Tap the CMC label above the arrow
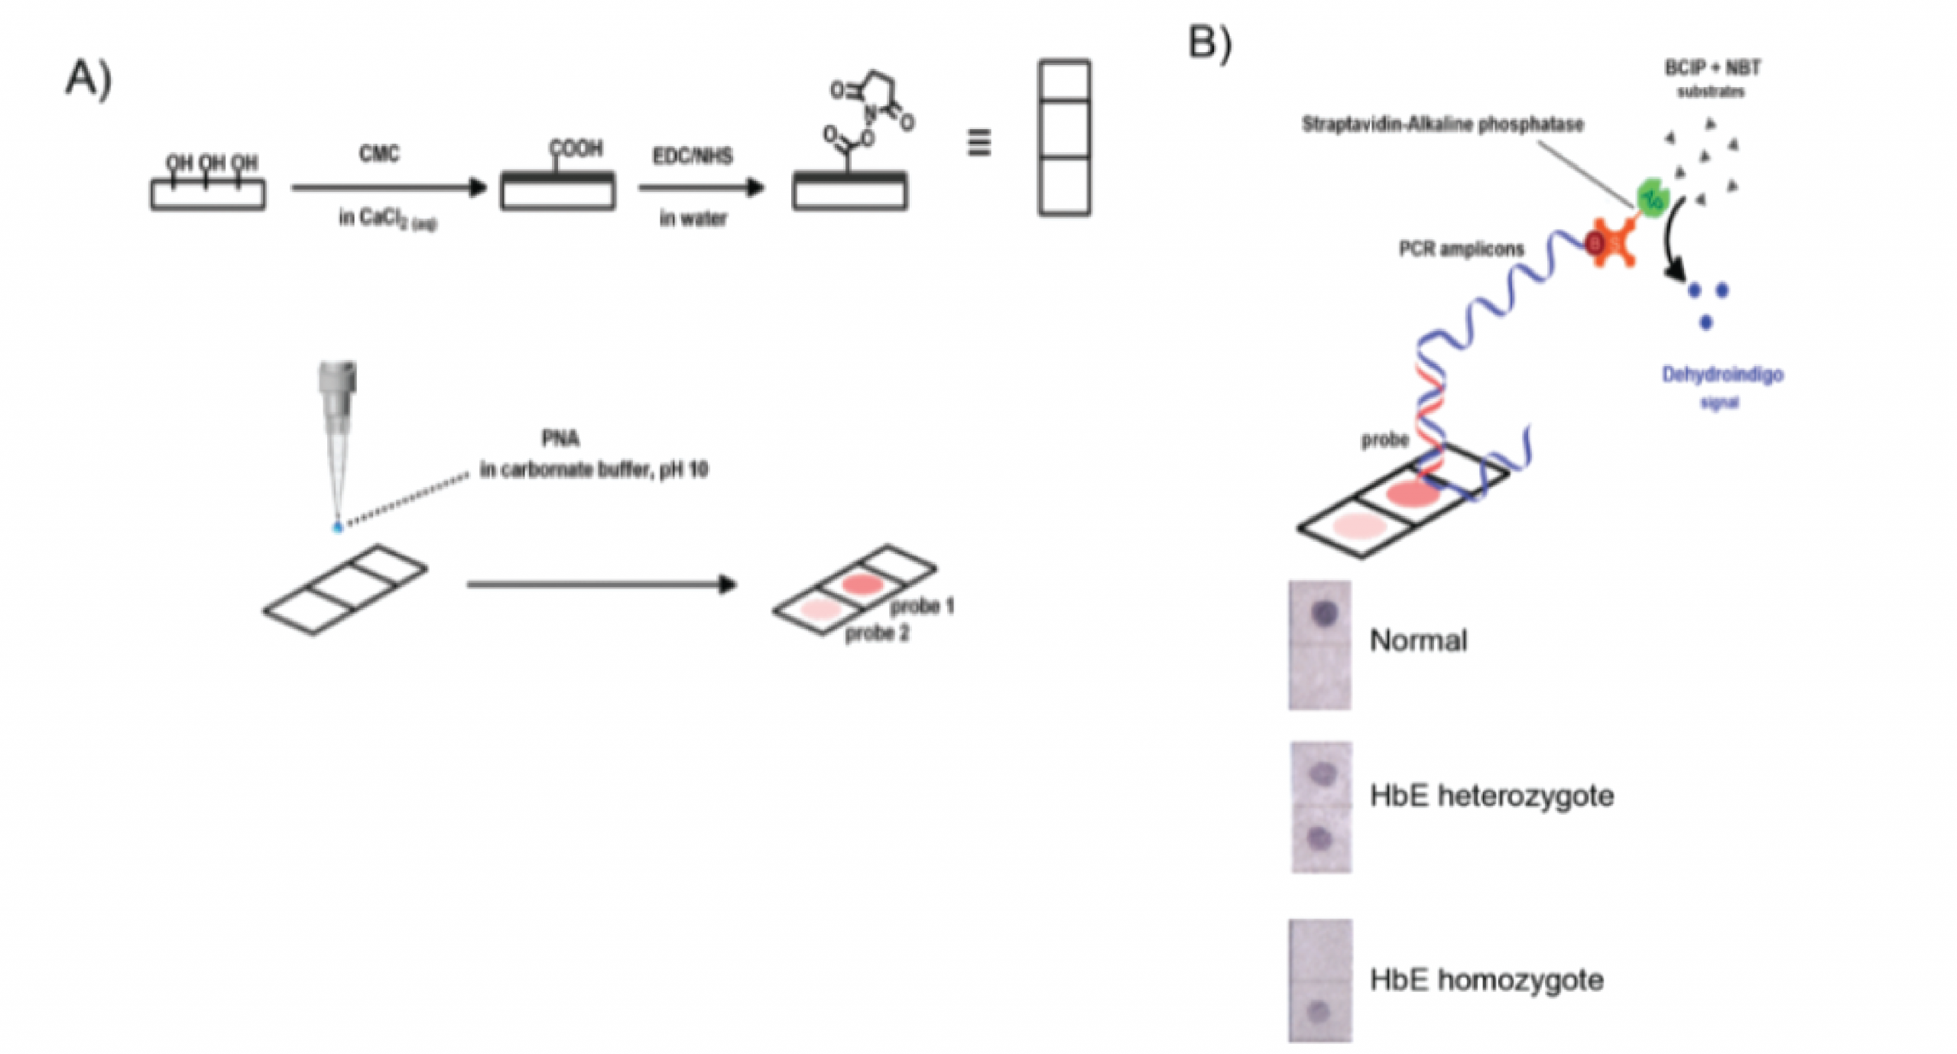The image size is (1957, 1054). pyautogui.click(x=379, y=154)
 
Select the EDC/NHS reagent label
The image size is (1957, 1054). pyautogui.click(x=693, y=156)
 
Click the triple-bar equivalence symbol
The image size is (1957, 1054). pyautogui.click(x=979, y=143)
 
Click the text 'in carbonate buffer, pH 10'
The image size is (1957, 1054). pyautogui.click(x=594, y=469)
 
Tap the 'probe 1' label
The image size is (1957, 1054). pyautogui.click(x=922, y=606)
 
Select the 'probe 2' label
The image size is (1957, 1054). pyautogui.click(x=877, y=634)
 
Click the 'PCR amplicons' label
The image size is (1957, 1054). pyautogui.click(x=1461, y=249)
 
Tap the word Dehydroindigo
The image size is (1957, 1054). pyautogui.click(x=1722, y=375)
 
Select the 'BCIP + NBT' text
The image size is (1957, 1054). pyautogui.click(x=1712, y=68)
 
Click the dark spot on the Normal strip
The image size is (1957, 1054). pyautogui.click(x=1325, y=612)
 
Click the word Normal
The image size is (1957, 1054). pyautogui.click(x=1418, y=641)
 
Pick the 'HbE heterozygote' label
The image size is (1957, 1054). pyautogui.click(x=1491, y=796)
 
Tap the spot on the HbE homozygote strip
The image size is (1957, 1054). pyautogui.click(x=1319, y=1012)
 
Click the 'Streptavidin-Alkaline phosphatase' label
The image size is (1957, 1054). pyautogui.click(x=1443, y=125)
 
